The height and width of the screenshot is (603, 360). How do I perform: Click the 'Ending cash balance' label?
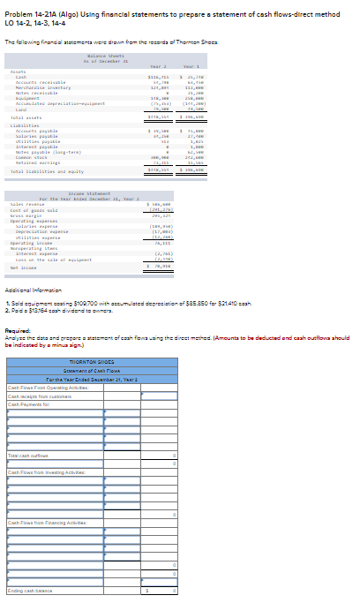tap(31, 591)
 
